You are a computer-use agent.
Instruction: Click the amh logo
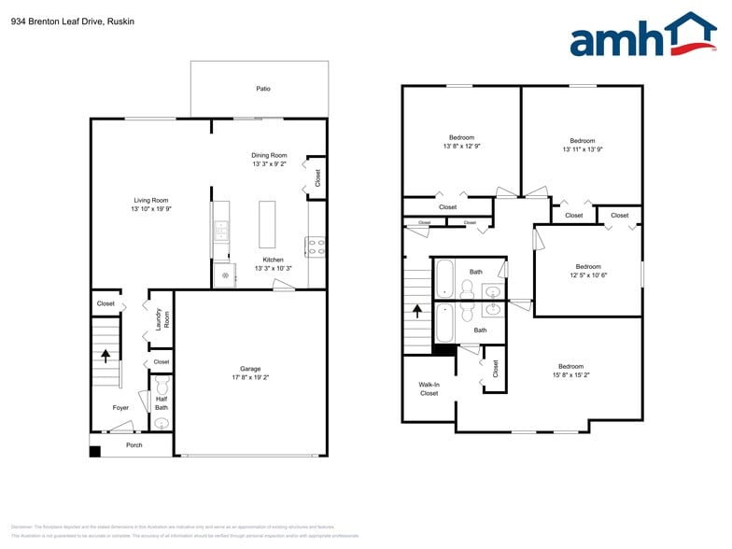[641, 36]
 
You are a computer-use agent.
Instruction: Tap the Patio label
[263, 90]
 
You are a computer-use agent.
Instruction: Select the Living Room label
[150, 200]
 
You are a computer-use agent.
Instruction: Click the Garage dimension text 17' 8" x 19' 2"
[250, 378]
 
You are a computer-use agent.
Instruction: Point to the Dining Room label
[269, 155]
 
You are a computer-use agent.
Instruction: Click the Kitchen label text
[273, 260]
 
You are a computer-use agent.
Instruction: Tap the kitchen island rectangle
[268, 224]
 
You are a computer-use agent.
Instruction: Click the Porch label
[134, 445]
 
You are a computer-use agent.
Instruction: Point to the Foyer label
[120, 408]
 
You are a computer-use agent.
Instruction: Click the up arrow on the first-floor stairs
[106, 355]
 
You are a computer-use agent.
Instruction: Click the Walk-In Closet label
[429, 388]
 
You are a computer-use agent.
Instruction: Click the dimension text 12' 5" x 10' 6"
[588, 275]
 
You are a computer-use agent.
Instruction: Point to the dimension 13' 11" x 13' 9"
[583, 149]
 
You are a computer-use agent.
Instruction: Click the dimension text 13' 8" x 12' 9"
[461, 147]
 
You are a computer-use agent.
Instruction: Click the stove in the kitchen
[315, 247]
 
